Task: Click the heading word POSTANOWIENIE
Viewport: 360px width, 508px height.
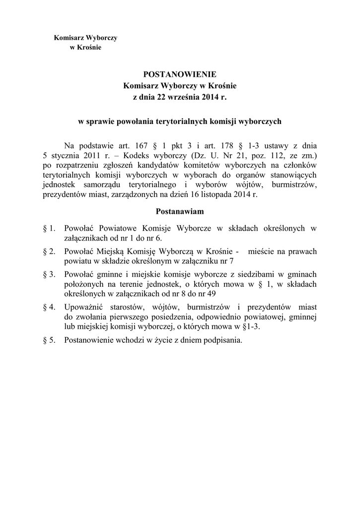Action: coord(180,74)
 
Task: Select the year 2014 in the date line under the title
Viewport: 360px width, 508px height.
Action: coord(210,97)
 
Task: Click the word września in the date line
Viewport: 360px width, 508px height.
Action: coord(183,97)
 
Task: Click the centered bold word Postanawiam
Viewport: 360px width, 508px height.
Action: coord(180,211)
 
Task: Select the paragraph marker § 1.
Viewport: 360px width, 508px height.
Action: coord(49,228)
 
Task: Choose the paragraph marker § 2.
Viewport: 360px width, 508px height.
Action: coord(49,252)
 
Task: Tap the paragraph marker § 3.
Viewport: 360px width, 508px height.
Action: coord(49,274)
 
